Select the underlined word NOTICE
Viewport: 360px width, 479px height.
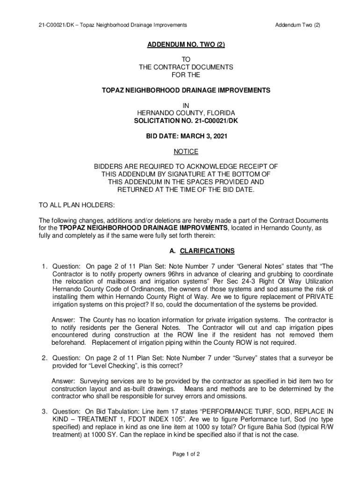pyautogui.click(x=186, y=152)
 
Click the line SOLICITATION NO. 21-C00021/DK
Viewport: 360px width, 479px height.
pyautogui.click(x=186, y=121)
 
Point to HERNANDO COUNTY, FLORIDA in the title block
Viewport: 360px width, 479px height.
pyautogui.click(x=186, y=114)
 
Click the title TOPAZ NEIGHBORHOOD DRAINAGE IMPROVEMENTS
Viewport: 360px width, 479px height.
pyautogui.click(x=186, y=90)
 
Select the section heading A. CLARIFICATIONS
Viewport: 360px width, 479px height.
pyautogui.click(x=202, y=251)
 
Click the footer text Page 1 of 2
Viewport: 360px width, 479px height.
pyautogui.click(x=186, y=454)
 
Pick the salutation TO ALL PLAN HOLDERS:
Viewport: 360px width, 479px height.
pyautogui.click(x=76, y=205)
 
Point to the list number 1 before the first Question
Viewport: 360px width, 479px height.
pyautogui.click(x=44, y=266)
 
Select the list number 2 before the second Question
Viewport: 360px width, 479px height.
pyautogui.click(x=44, y=358)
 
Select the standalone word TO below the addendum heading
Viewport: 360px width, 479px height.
pyautogui.click(x=186, y=60)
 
